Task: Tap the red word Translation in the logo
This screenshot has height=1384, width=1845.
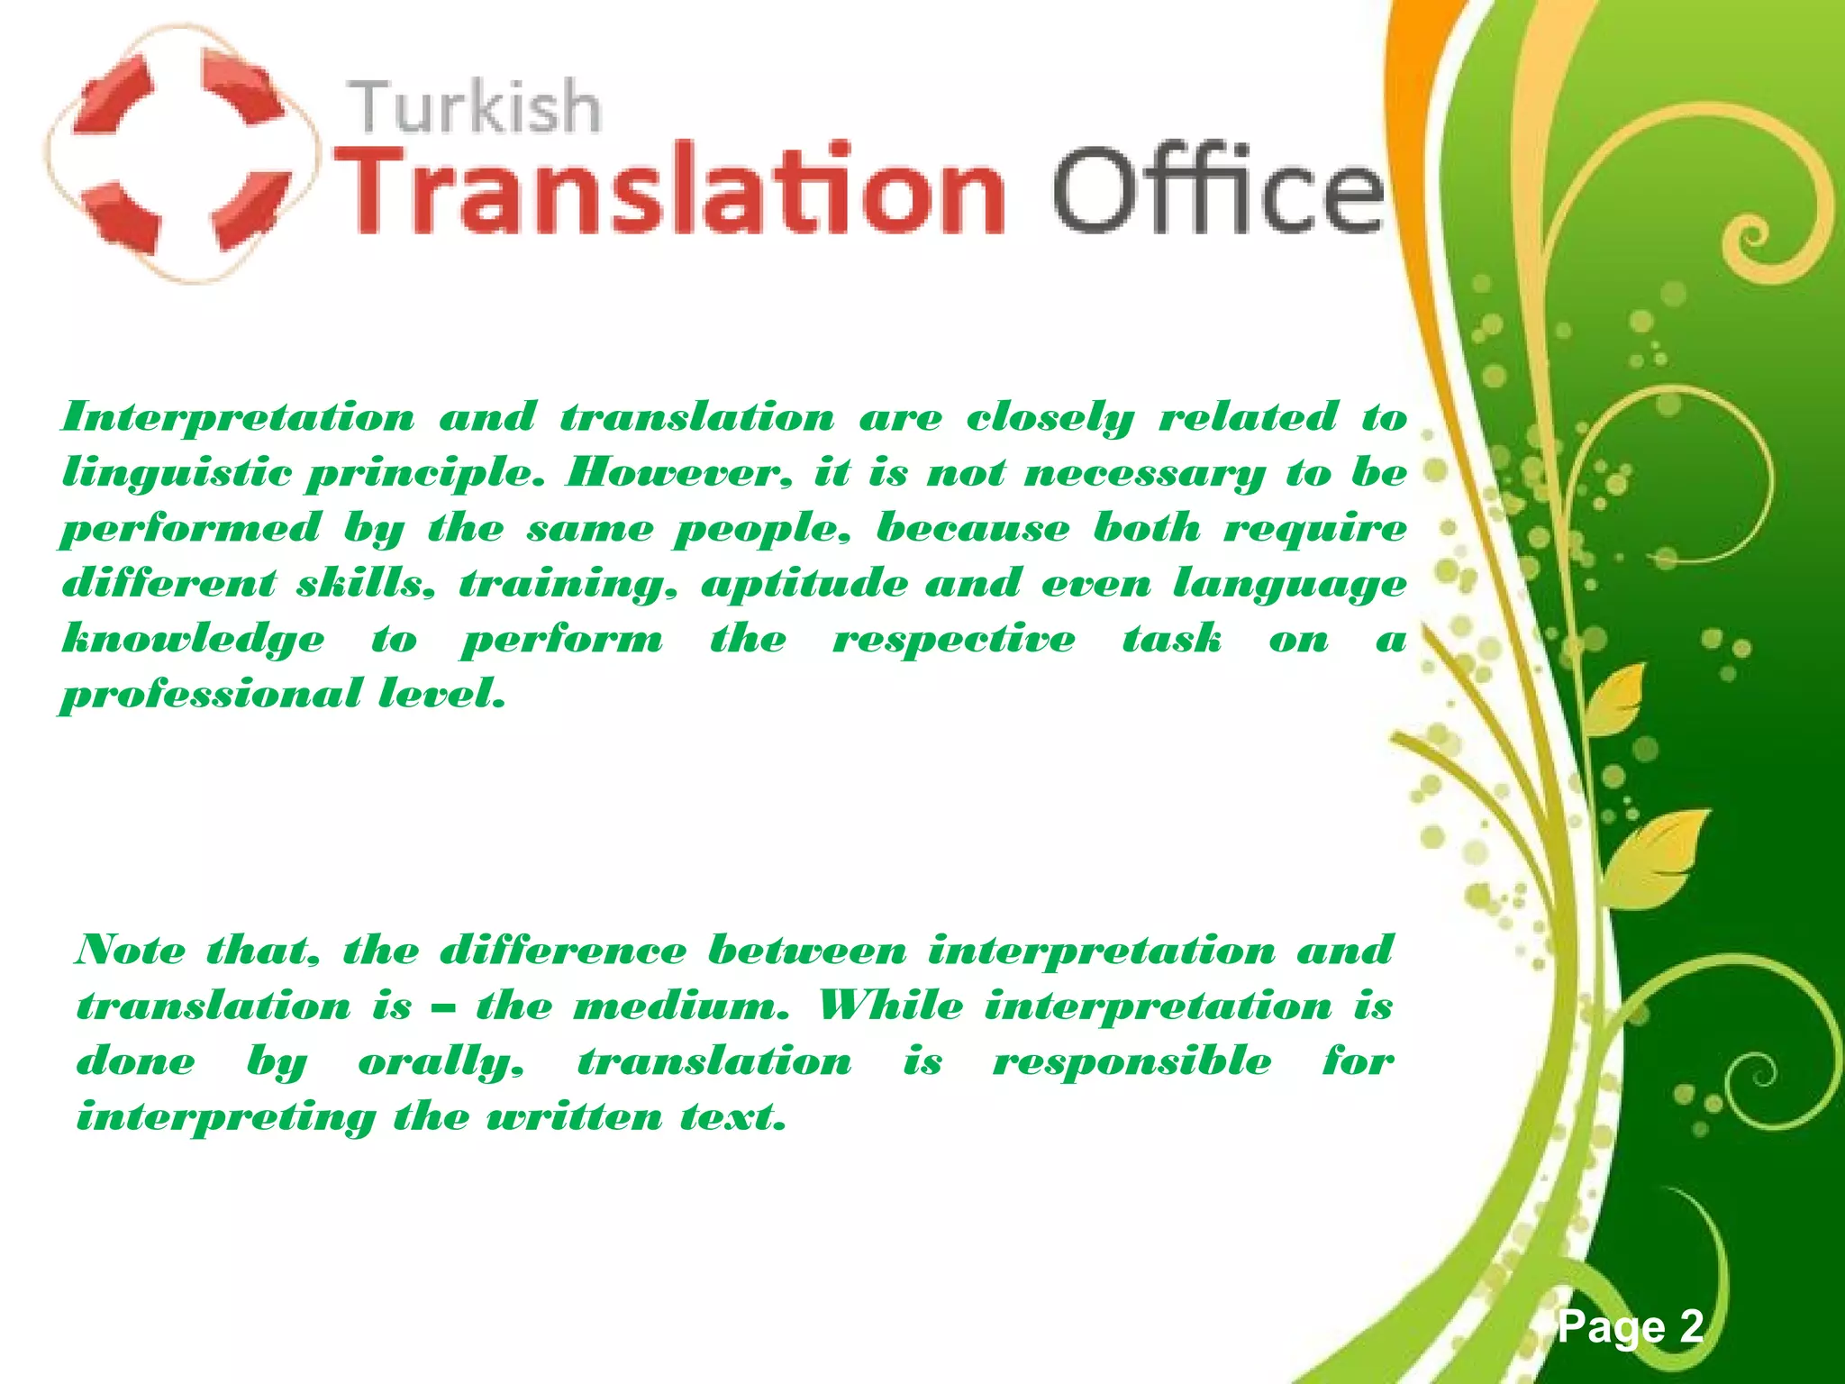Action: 674,189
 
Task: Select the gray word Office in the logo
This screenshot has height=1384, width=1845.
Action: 1216,189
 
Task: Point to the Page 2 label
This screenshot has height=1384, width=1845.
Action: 1631,1326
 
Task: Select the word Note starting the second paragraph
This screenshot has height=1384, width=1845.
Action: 132,951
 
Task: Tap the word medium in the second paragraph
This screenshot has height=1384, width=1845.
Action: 680,1006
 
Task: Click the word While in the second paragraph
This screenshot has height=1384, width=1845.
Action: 890,1006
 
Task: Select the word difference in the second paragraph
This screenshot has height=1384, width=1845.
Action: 563,951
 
